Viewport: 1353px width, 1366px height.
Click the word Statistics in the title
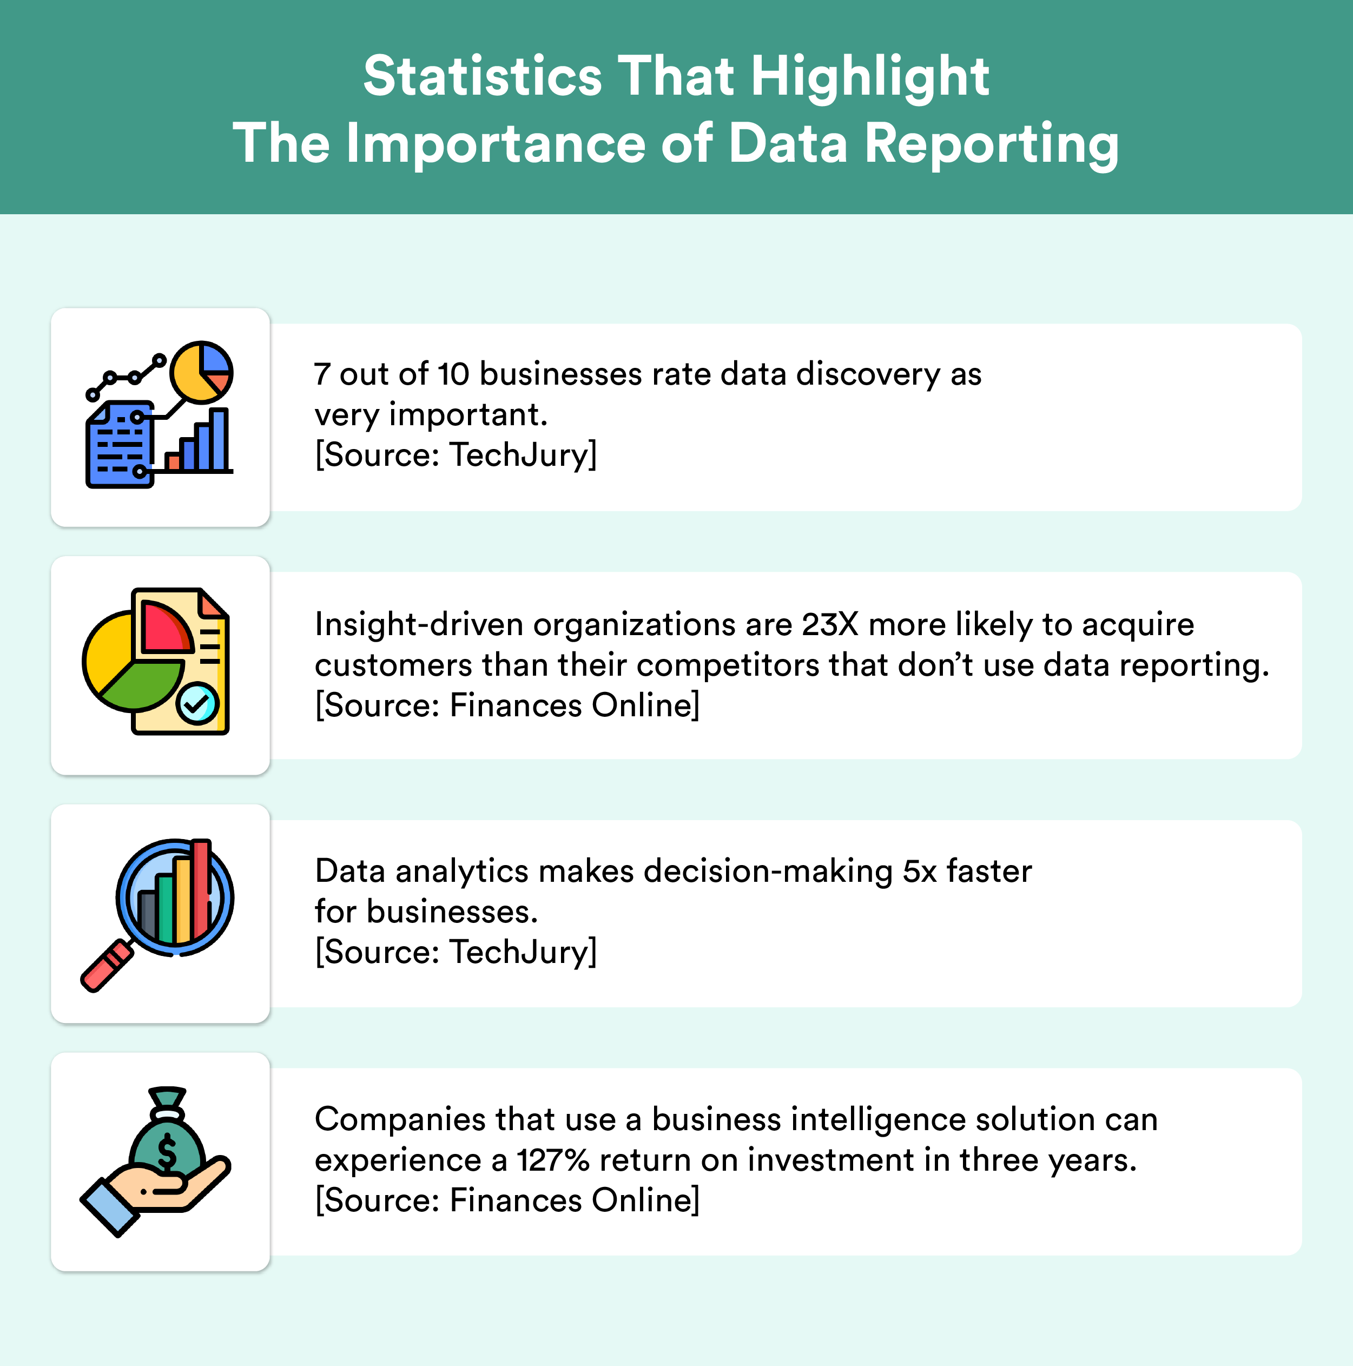click(x=483, y=76)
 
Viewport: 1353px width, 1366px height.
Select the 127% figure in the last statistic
click(x=553, y=1160)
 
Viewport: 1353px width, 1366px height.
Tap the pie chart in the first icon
click(x=201, y=372)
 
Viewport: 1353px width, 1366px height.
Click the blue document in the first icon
click(x=120, y=445)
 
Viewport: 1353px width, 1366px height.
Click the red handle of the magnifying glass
click(x=107, y=966)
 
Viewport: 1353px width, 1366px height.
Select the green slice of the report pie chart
click(x=141, y=686)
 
